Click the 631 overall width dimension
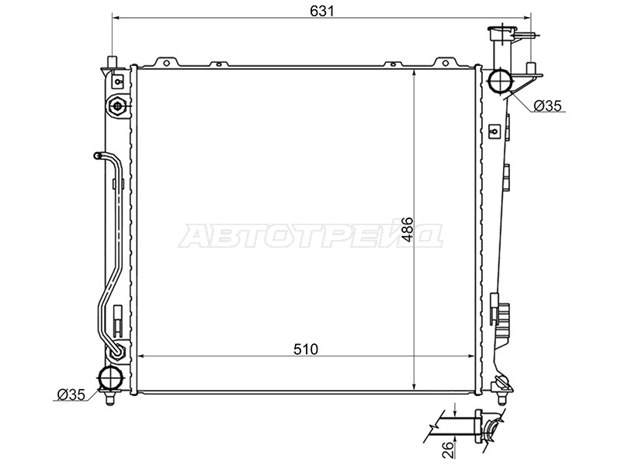[x=321, y=11]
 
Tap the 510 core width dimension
[x=306, y=349]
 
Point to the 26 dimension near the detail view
[x=447, y=450]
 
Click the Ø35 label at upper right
[x=548, y=106]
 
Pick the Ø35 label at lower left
[x=71, y=395]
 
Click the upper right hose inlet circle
[x=501, y=82]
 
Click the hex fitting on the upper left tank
[x=118, y=106]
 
